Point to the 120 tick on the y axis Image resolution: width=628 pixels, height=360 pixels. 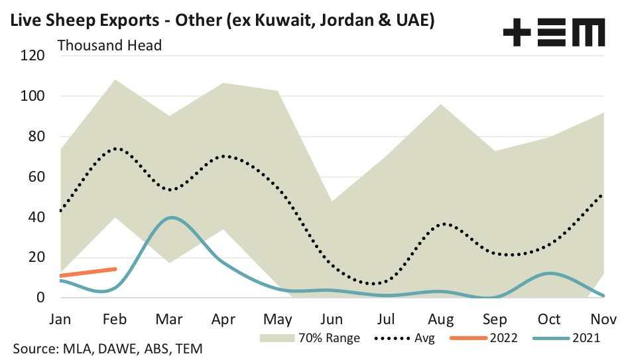point(32,56)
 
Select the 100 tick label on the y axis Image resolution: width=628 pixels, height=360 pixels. point(32,96)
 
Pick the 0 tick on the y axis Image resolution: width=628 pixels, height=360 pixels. point(40,298)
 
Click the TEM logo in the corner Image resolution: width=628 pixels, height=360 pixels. point(554,32)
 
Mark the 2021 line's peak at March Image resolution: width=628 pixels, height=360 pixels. point(172,217)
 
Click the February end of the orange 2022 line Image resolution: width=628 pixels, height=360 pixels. point(115,269)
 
